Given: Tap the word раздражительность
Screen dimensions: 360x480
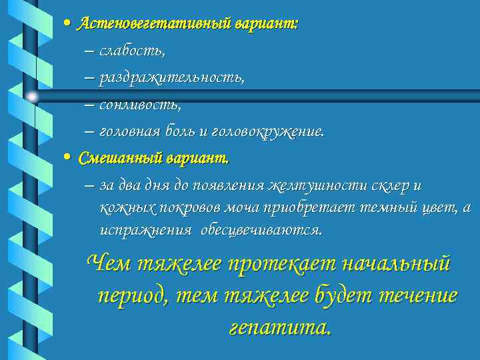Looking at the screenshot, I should pyautogui.click(x=171, y=78).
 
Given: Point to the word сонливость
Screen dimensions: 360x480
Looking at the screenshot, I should pyautogui.click(x=139, y=105).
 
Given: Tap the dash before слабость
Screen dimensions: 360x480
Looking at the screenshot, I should pyautogui.click(x=89, y=51).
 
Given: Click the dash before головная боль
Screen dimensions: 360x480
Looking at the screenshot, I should pyautogui.click(x=89, y=132).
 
